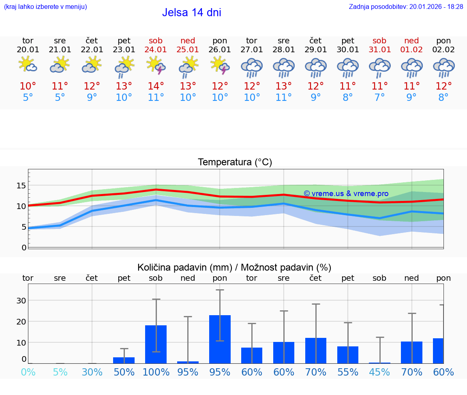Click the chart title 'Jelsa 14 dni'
(191, 13)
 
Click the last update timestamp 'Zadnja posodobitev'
(406, 6)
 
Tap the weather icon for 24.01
(156, 66)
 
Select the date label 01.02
(411, 50)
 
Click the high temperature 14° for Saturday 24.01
(156, 86)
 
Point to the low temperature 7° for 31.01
(379, 98)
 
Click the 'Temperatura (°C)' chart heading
(235, 162)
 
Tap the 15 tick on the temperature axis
(21, 186)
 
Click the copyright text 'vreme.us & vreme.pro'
(346, 194)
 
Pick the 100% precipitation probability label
(156, 372)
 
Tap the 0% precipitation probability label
(28, 372)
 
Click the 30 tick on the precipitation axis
(21, 301)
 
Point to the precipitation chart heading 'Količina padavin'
(234, 267)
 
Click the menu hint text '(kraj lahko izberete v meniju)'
(45, 6)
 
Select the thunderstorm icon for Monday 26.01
(220, 66)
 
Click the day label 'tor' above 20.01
(28, 41)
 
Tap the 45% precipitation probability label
(379, 372)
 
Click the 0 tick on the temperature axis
(24, 247)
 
